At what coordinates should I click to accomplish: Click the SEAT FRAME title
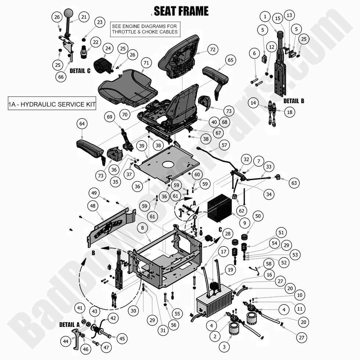(181, 11)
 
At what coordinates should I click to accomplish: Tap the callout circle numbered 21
(84, 17)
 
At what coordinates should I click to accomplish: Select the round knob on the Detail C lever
(69, 14)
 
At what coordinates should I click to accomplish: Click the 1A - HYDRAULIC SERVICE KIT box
(52, 104)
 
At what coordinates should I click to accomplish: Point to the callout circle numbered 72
(212, 49)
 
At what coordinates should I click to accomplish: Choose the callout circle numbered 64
(82, 124)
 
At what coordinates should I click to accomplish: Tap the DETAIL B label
(294, 101)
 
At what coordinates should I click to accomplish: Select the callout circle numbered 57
(224, 145)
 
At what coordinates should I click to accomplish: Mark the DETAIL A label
(69, 325)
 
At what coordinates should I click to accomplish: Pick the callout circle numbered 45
(122, 339)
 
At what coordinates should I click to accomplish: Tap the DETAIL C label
(80, 71)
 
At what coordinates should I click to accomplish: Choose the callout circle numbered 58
(269, 264)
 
